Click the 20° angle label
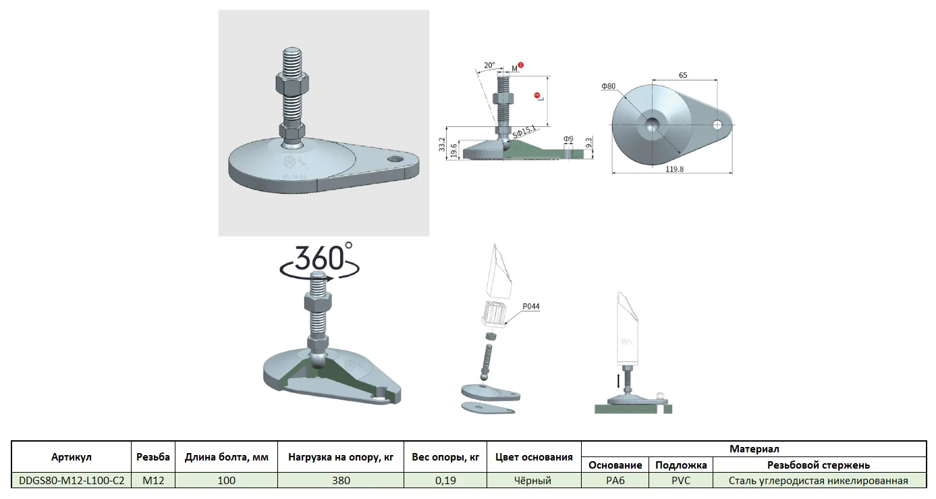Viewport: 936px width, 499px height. coord(489,65)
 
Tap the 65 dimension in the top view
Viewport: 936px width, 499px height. coord(683,76)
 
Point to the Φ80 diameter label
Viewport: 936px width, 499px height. coord(609,86)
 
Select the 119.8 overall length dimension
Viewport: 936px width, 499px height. coord(674,169)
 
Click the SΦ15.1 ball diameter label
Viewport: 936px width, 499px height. coord(524,132)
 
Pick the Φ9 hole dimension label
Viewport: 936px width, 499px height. coord(568,139)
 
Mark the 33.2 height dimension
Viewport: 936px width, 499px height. coord(442,145)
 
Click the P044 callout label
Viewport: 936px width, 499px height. coord(531,307)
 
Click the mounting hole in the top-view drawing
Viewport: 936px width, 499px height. coord(717,125)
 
